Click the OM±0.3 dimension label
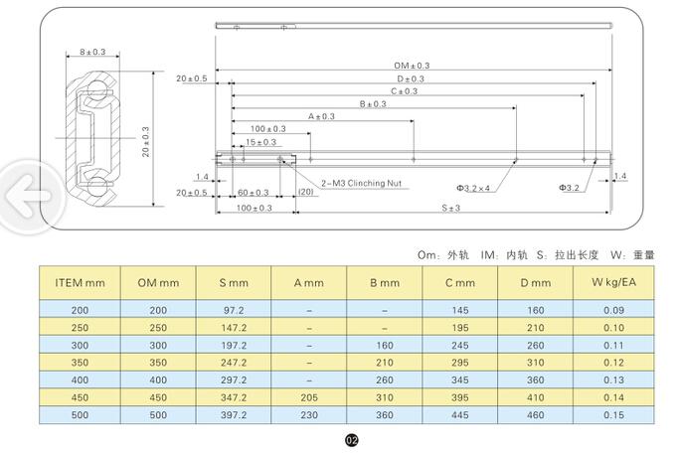(x=412, y=66)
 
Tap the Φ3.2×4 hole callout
(x=474, y=187)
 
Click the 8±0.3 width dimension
(x=94, y=52)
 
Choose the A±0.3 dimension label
(x=321, y=117)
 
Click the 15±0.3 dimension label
(x=261, y=142)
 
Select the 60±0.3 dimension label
(x=253, y=193)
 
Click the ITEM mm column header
(x=79, y=282)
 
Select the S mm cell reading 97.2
(x=234, y=310)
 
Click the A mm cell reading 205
(x=309, y=396)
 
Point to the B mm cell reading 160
(x=385, y=345)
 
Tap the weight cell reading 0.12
(x=612, y=362)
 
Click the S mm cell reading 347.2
(x=234, y=396)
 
